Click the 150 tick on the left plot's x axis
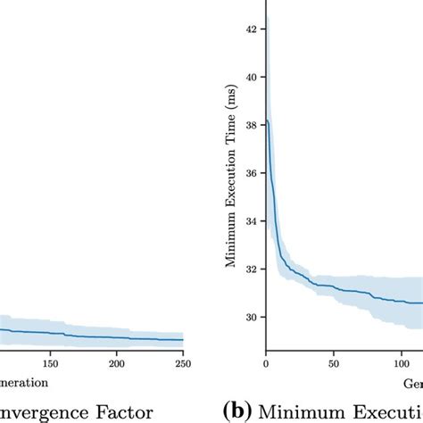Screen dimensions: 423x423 [x=51, y=364]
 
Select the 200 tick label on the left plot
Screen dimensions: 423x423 [x=117, y=364]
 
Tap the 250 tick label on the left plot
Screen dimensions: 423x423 [x=182, y=364]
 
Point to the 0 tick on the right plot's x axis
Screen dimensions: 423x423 [x=266, y=364]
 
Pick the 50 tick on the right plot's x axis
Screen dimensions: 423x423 [x=332, y=364]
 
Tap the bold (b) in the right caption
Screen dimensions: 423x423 [x=236, y=411]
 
